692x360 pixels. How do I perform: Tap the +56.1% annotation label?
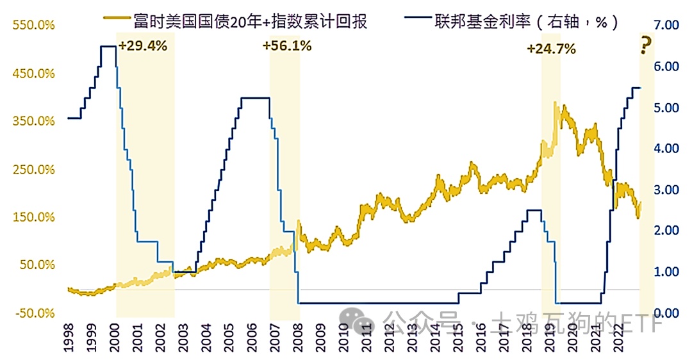pyautogui.click(x=287, y=46)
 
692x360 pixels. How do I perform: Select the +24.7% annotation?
pyautogui.click(x=551, y=49)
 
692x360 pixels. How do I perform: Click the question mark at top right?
pyautogui.click(x=647, y=46)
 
